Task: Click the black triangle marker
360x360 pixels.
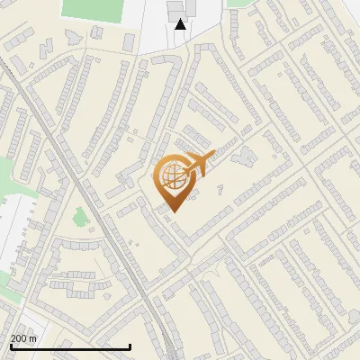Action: coord(181,24)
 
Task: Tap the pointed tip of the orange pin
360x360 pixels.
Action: coord(171,211)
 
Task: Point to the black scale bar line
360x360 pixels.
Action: coord(70,346)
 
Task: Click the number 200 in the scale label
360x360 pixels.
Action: coord(19,338)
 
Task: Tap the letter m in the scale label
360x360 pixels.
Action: coord(33,338)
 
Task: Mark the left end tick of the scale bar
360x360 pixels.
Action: coord(10,346)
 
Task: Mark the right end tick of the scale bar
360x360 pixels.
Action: coord(130,346)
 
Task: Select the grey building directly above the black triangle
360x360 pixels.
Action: coord(175,8)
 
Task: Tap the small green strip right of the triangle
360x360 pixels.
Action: coord(236,3)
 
